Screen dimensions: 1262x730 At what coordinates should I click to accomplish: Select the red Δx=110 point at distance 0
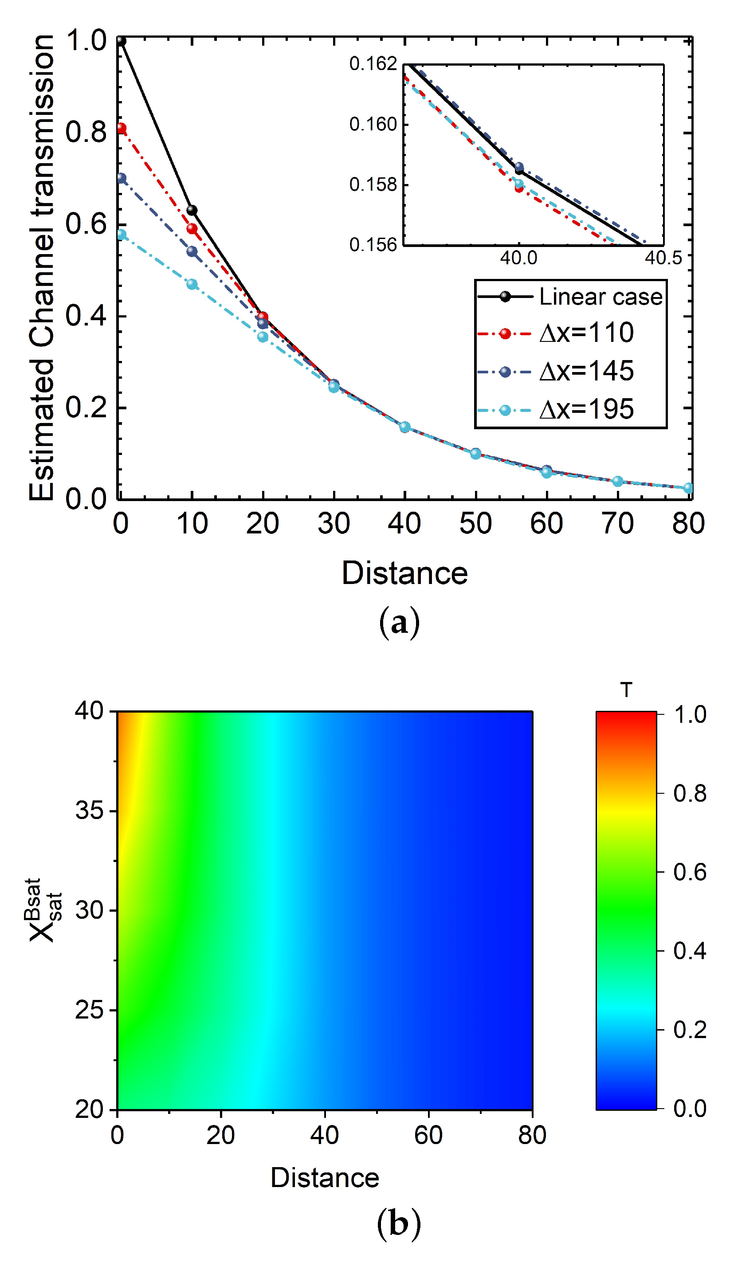[121, 129]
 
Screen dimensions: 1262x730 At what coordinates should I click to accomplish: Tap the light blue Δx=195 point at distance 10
[192, 284]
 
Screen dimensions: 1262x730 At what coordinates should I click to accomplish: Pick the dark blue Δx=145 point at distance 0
[121, 178]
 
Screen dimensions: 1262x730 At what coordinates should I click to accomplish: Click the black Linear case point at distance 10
[192, 210]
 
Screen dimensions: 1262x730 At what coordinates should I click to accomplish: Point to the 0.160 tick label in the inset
[373, 124]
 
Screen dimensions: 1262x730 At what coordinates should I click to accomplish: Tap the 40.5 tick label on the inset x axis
[663, 259]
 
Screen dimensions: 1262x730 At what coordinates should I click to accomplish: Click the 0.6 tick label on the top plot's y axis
[86, 224]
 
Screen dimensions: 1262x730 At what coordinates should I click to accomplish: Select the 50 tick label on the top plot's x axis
[475, 524]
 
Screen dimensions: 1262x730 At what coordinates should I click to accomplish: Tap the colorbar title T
[626, 690]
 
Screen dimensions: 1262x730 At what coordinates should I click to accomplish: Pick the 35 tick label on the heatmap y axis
[89, 810]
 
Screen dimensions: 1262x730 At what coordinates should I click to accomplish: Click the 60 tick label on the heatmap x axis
[428, 1135]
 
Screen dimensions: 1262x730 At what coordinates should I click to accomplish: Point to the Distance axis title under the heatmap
[325, 1178]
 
